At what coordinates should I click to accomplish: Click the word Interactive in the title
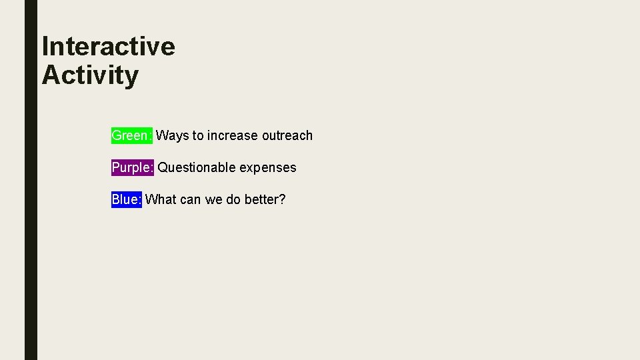click(108, 47)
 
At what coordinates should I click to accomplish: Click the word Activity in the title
click(90, 75)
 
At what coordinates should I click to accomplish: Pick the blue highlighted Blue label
click(127, 199)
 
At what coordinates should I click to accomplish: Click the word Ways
click(173, 136)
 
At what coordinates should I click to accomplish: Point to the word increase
click(233, 135)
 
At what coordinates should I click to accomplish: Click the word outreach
click(287, 135)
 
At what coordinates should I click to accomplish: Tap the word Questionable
click(197, 167)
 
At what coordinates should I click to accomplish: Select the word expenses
click(268, 168)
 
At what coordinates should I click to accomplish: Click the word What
click(160, 199)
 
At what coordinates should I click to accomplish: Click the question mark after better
click(282, 199)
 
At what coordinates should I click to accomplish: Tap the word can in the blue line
click(190, 200)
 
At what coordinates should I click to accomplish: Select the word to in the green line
click(198, 136)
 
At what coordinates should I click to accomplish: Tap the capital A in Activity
click(50, 75)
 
